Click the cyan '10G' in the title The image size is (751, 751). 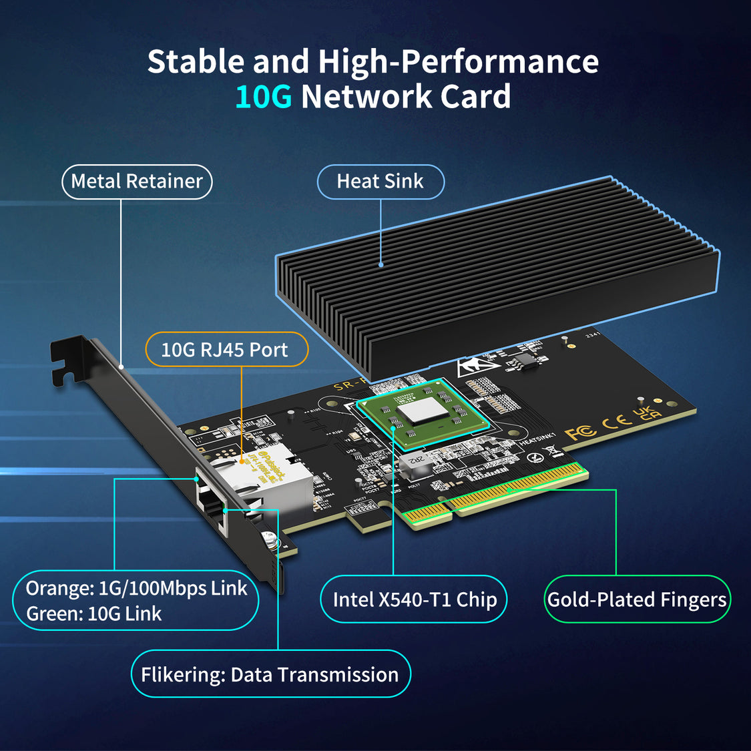pos(263,97)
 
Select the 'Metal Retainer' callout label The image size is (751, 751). pos(137,182)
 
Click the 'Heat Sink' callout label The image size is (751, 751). pos(380,182)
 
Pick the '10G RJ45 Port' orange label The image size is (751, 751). pos(225,350)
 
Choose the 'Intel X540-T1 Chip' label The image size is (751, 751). pos(414,599)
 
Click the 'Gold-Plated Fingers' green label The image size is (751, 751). pos(637,599)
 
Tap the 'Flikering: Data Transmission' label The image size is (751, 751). pos(270,674)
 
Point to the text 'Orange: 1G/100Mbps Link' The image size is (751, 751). pos(136,588)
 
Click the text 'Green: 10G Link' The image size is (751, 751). pos(94,614)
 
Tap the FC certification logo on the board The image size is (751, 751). pos(580,433)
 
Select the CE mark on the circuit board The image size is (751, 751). pos(616,421)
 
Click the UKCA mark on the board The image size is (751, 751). pos(646,413)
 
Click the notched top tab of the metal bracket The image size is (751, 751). pos(67,360)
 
